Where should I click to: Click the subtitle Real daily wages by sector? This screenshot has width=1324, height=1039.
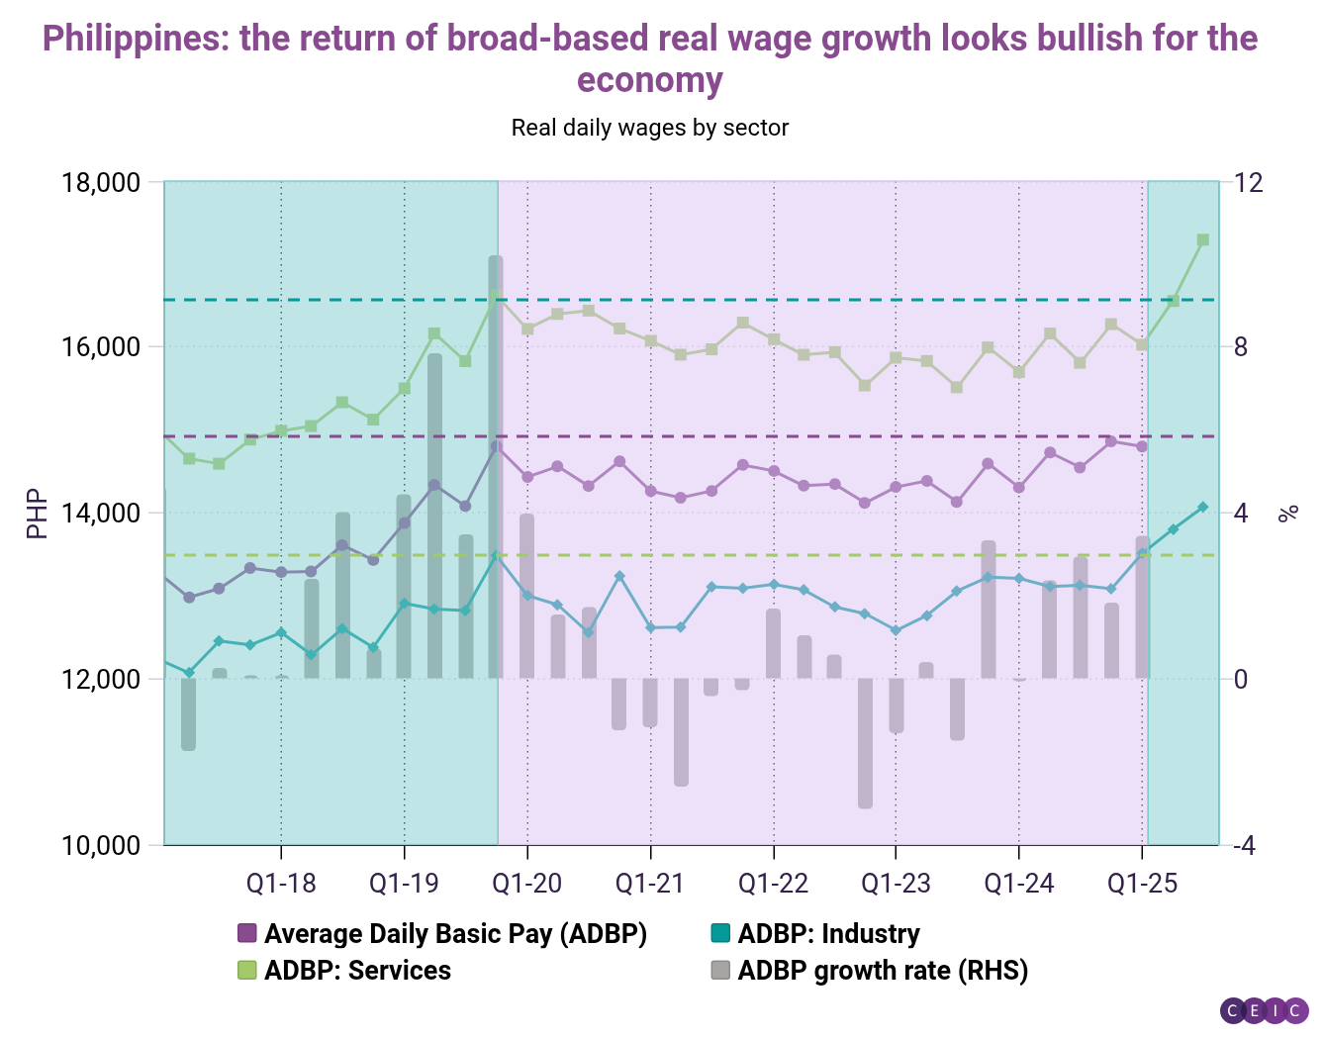[x=649, y=128]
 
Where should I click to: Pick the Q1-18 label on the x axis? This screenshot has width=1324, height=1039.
[x=281, y=883]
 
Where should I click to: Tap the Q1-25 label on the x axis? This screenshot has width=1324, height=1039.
[x=1142, y=883]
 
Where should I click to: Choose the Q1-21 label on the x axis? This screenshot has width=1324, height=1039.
[x=650, y=883]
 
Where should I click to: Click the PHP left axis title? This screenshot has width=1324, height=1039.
[x=37, y=514]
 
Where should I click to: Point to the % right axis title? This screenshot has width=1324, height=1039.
[x=1287, y=514]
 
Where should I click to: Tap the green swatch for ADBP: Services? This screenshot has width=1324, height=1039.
[x=247, y=970]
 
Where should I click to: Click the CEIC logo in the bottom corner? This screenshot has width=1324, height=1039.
[x=1265, y=1010]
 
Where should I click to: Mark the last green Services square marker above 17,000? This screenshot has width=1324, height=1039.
[x=1203, y=239]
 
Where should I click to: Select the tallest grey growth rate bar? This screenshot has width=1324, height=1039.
[x=495, y=465]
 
